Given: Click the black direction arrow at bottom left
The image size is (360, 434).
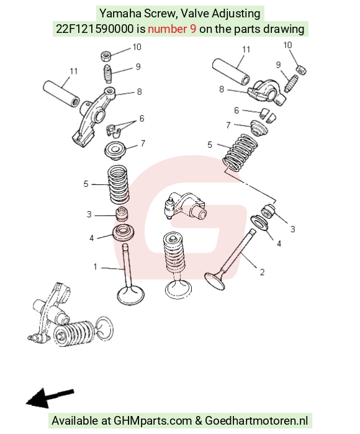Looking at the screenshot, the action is (x=49, y=398).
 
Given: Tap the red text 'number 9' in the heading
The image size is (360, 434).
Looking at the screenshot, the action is (x=172, y=29).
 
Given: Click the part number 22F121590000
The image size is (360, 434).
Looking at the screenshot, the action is (x=94, y=29).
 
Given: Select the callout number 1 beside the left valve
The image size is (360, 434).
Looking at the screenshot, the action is (x=95, y=267).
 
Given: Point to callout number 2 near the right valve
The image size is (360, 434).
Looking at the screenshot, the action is (x=262, y=273).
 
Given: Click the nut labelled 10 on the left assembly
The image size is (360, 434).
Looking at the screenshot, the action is (x=106, y=56).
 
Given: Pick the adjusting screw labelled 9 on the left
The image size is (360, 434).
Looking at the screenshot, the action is (x=107, y=73).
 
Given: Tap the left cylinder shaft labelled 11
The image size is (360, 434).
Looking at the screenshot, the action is (x=61, y=94).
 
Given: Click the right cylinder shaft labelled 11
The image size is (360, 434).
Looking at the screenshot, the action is (x=231, y=71).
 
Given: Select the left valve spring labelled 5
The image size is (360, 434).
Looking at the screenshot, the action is (x=118, y=184).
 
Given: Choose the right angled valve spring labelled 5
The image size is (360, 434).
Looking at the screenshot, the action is (x=240, y=153).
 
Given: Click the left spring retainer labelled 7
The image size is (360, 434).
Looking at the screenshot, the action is (x=115, y=151).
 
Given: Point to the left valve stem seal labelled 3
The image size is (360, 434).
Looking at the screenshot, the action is (x=122, y=214).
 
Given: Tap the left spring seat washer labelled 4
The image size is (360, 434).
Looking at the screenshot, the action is (x=124, y=232).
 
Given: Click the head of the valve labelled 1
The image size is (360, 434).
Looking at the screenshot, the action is (x=130, y=296).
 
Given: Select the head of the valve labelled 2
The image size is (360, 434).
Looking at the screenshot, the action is (x=215, y=281).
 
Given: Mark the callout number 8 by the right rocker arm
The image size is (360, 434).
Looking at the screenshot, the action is (x=222, y=89).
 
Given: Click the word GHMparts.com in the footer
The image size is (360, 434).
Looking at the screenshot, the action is (x=153, y=421).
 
